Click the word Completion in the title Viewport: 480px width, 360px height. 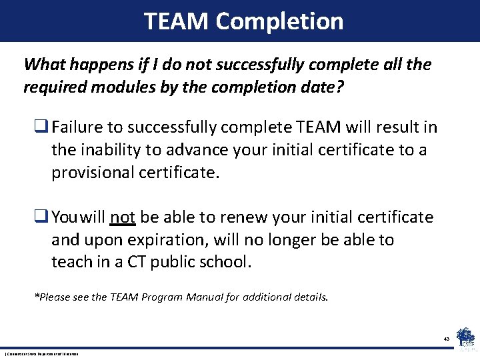tap(279, 21)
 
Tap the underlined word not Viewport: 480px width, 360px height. tap(123, 217)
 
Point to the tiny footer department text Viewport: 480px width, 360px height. tap(41, 353)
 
